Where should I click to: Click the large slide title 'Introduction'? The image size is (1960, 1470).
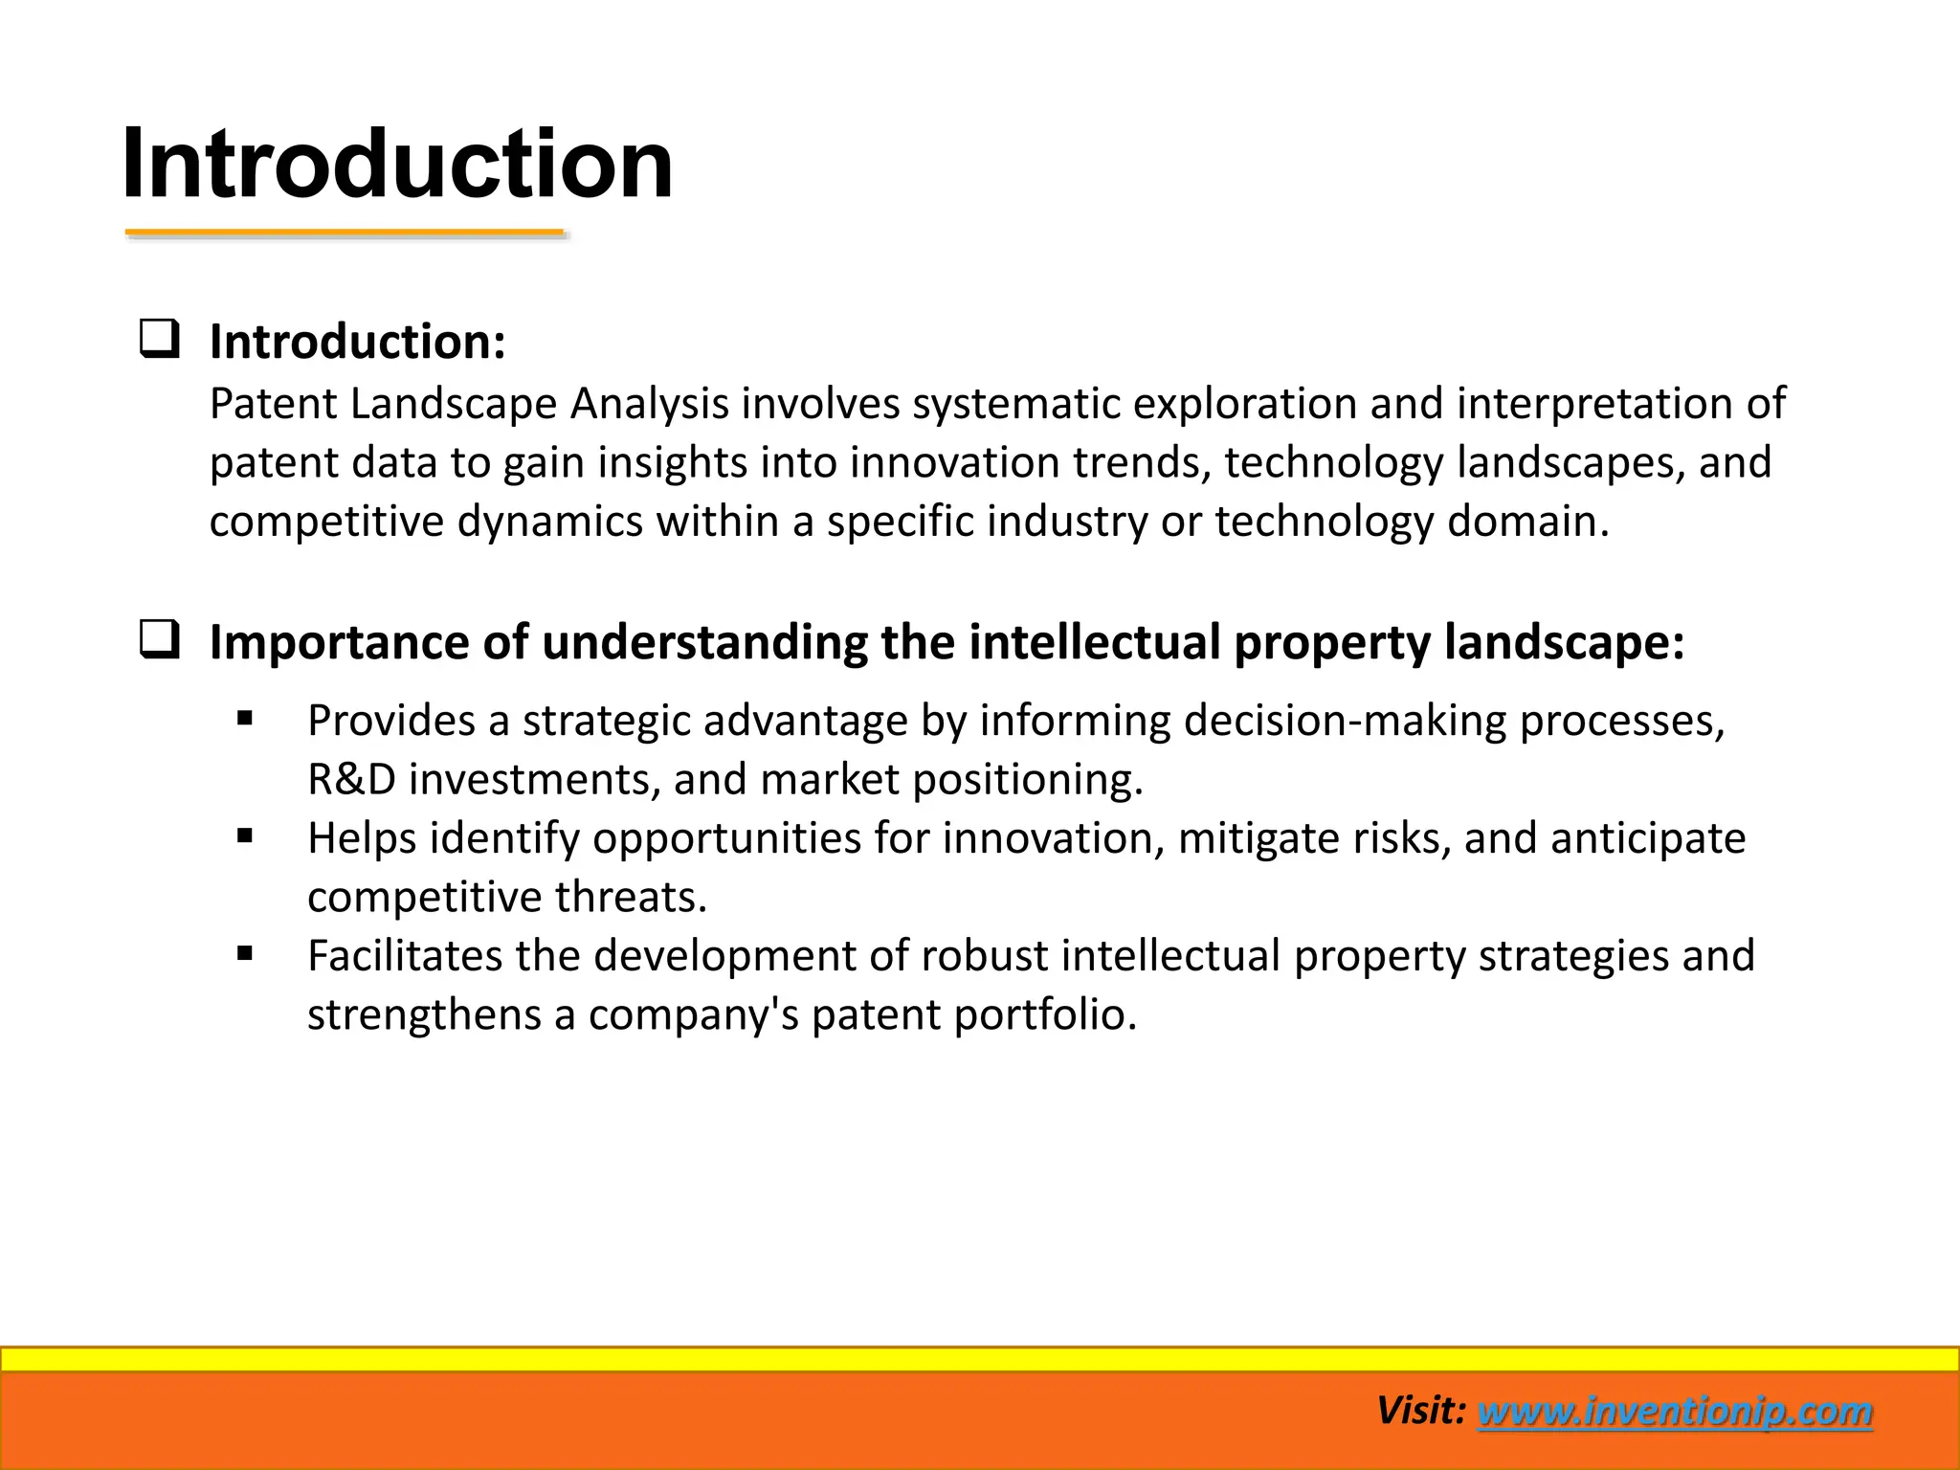[x=397, y=165]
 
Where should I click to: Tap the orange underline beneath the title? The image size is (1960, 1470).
[x=345, y=233]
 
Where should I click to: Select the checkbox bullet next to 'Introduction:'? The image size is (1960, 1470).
[x=159, y=340]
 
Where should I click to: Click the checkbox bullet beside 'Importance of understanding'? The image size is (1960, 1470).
[x=159, y=639]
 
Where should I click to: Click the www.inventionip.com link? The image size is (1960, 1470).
[x=1674, y=1412]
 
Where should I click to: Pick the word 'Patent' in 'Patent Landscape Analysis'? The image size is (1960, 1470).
[x=273, y=404]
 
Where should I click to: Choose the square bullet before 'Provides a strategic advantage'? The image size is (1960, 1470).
[x=245, y=718]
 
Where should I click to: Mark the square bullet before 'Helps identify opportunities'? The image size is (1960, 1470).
[x=245, y=836]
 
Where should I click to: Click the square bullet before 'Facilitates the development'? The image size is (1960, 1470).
[x=245, y=953]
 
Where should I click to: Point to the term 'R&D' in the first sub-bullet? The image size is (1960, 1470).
[x=351, y=780]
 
